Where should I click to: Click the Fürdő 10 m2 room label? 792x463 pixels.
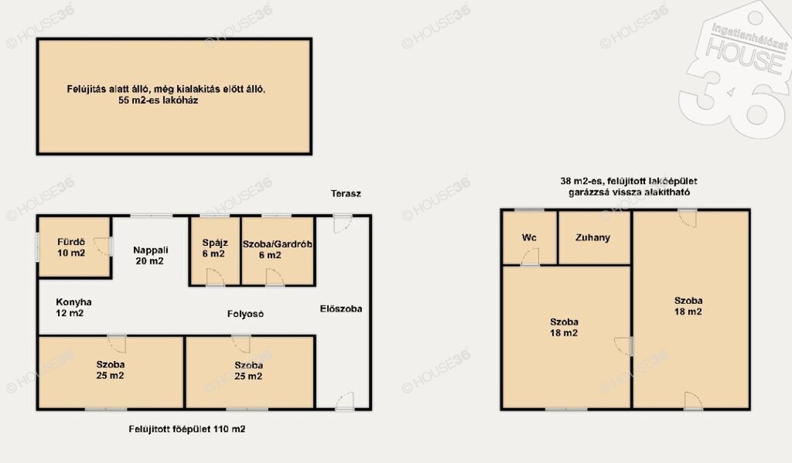[x=71, y=247]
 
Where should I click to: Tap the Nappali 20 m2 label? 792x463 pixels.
[x=150, y=256]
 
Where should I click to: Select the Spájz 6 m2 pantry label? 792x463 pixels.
[x=214, y=248]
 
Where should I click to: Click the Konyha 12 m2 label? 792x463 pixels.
[x=73, y=308]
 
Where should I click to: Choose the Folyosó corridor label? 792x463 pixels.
[x=245, y=314]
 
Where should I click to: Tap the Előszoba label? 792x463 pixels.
[x=341, y=308]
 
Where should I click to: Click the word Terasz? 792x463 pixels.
[x=346, y=193]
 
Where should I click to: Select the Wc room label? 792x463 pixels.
[x=529, y=237]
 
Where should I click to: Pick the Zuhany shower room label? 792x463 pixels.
[x=593, y=237]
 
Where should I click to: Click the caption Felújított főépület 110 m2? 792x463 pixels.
[x=187, y=429]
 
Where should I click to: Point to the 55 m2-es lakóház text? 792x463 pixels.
[x=158, y=100]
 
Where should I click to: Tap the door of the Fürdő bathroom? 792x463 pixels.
[x=103, y=247]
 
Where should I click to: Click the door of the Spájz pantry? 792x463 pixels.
[x=215, y=277]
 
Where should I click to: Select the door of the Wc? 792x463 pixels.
[x=530, y=257]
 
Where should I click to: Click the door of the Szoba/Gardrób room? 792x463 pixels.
[x=275, y=277]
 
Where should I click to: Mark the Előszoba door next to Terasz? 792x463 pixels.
[x=343, y=224]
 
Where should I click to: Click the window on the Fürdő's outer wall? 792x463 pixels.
[x=37, y=247]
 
